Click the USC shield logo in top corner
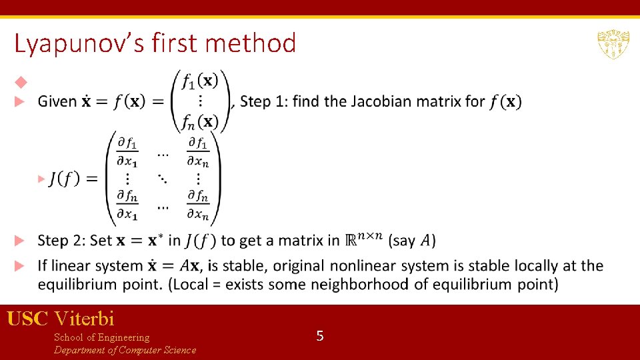(613, 45)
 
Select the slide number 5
(320, 336)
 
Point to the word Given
(57, 101)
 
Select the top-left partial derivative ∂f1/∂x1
(127, 151)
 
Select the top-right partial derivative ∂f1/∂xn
(198, 151)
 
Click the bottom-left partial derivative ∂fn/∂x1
(127, 205)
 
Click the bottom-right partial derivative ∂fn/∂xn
(198, 205)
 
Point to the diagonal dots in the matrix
(162, 179)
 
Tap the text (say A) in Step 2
(412, 240)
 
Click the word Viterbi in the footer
(85, 318)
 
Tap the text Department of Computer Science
(125, 350)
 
